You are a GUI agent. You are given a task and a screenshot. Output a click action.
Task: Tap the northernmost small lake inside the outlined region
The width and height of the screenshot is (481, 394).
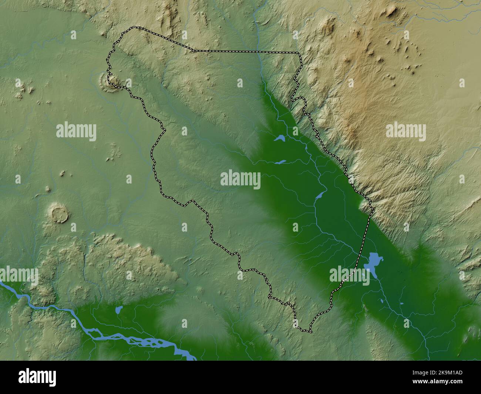[x=279, y=139]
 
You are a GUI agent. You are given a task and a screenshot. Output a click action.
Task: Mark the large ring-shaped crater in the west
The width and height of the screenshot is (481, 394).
[x=59, y=214]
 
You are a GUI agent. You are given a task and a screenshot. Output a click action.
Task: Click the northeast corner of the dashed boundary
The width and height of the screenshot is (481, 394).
[x=299, y=53]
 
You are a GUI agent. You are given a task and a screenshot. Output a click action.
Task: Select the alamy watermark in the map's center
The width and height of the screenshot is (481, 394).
[x=240, y=180]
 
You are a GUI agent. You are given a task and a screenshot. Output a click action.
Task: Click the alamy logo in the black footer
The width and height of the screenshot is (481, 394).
[x=38, y=377]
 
